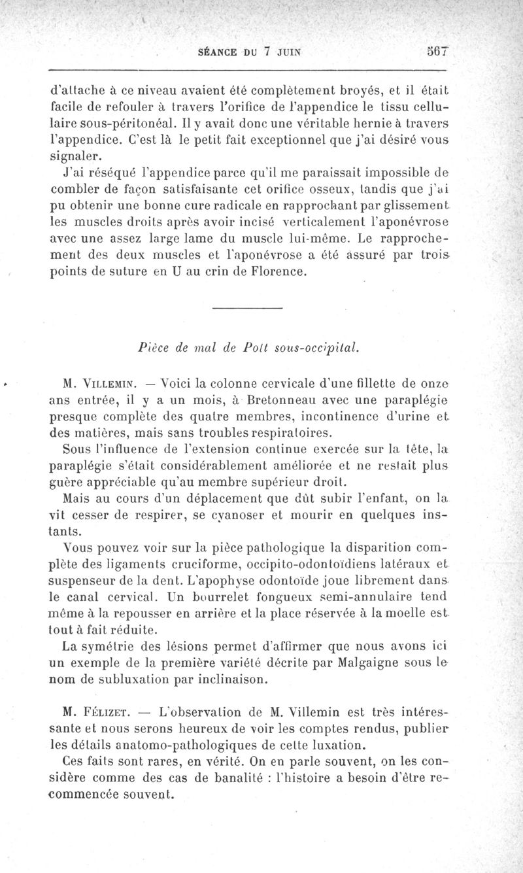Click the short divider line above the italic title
point(247,307)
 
